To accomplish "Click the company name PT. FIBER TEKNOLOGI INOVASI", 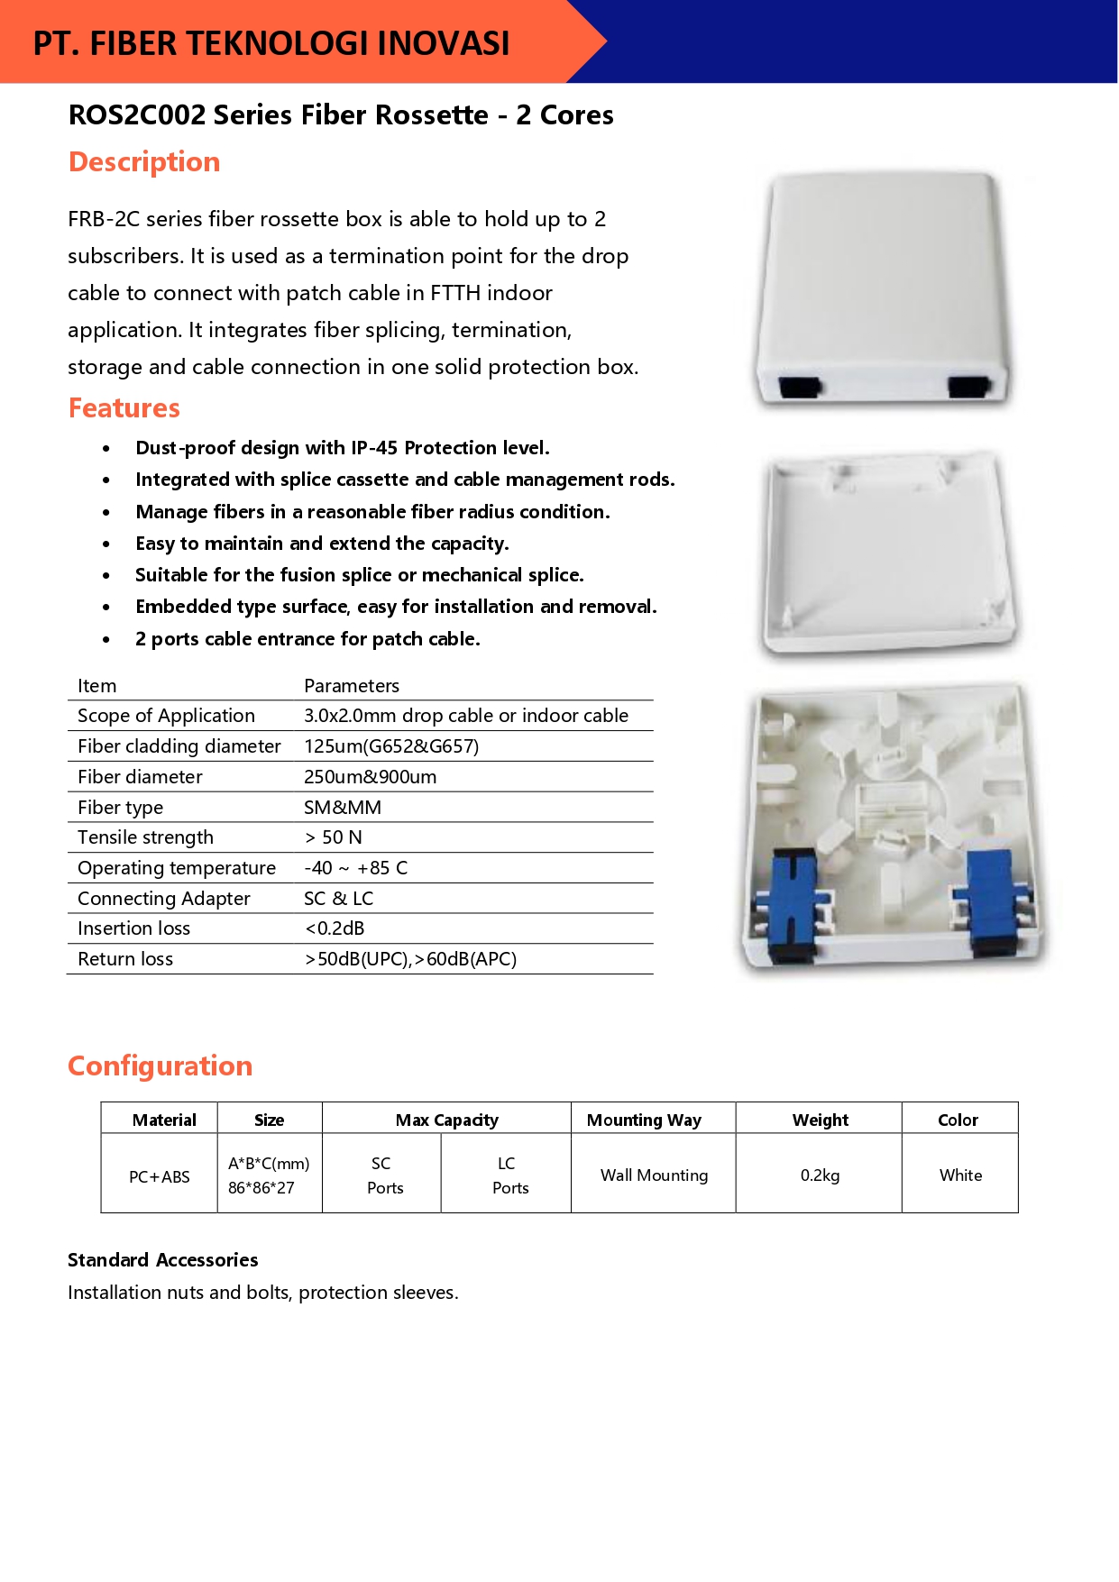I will (271, 43).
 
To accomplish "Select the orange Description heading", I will (144, 162).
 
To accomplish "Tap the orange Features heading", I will (124, 408).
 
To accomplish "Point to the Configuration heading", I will (161, 1066).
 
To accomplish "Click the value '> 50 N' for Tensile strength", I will (334, 837).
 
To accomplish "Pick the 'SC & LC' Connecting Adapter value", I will (339, 899).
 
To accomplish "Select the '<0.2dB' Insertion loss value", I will (335, 928).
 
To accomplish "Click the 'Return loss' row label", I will (125, 959).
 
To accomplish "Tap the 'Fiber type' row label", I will (121, 808).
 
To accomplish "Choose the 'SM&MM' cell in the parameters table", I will (343, 808).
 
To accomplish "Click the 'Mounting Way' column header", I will (644, 1120).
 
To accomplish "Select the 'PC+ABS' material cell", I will (160, 1176).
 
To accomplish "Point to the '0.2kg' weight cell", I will (820, 1175).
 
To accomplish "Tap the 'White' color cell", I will (960, 1175).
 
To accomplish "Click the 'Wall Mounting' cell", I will (654, 1175).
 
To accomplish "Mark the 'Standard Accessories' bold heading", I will (163, 1260).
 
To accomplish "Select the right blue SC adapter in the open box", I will (992, 901).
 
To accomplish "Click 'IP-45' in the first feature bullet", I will (375, 448).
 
